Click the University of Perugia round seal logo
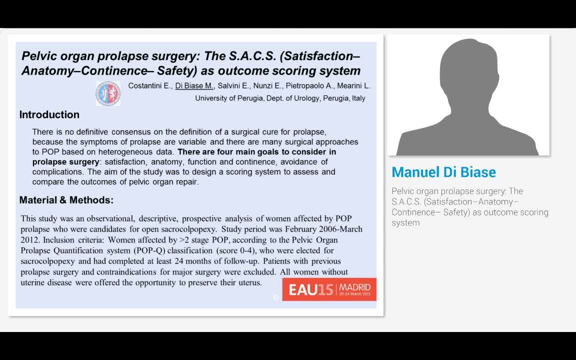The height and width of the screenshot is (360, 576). click(x=108, y=93)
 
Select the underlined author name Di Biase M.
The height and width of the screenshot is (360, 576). click(x=194, y=86)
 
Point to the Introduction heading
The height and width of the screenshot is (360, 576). click(x=49, y=114)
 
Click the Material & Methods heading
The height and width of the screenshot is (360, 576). click(x=66, y=200)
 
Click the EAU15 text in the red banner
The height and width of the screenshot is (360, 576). click(x=311, y=290)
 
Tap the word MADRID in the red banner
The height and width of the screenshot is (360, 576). click(x=355, y=287)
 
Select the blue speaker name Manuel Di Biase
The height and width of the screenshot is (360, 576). click(x=444, y=172)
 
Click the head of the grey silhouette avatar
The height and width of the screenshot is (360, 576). click(x=468, y=73)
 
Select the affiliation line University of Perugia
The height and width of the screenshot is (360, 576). click(x=280, y=98)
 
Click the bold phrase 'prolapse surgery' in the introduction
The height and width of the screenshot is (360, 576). click(x=66, y=162)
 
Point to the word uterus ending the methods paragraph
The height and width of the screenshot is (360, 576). click(x=249, y=283)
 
